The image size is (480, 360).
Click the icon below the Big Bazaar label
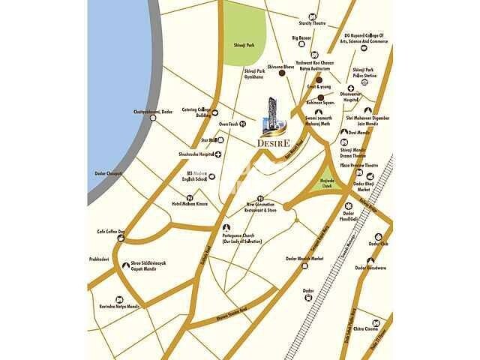[x=301, y=47]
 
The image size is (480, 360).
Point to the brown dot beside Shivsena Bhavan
[x=281, y=73]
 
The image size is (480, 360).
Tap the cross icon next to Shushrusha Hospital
[x=217, y=154]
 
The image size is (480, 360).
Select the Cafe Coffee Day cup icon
[x=118, y=238]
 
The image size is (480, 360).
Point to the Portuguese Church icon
[x=223, y=228]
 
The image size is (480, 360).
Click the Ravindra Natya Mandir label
[x=118, y=307]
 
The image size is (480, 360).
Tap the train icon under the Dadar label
[x=308, y=298]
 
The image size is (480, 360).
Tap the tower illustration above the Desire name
[x=271, y=112]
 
